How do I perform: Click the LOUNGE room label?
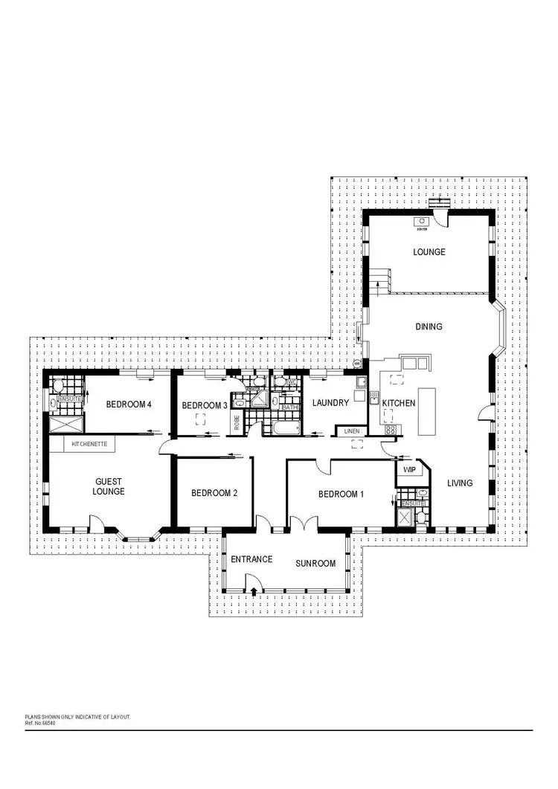coord(429,252)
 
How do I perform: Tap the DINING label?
coord(429,326)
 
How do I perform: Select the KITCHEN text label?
coord(399,402)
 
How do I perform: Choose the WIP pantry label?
coord(408,470)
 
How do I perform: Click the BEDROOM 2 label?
coord(214,493)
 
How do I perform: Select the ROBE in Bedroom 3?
coord(237,422)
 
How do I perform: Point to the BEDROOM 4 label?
coord(129,405)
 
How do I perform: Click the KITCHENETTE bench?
coord(89,444)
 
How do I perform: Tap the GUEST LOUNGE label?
coord(109,486)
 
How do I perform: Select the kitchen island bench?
coord(426,410)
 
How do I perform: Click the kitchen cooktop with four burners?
coord(390,429)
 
